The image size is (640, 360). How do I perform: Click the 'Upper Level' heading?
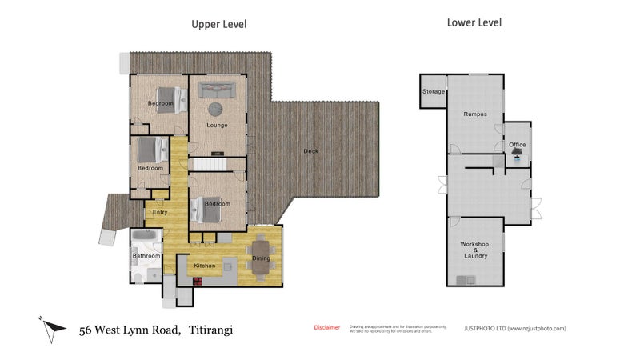coord(218,24)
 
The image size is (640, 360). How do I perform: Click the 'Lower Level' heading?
coord(474,23)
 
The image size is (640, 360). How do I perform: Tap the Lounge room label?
coord(217,125)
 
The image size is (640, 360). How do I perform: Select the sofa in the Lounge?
coord(217,90)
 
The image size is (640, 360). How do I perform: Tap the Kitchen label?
coord(205,265)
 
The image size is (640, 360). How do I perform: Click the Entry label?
coord(160,212)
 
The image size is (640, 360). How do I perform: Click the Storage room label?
coord(434,92)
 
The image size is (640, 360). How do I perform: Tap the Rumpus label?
coord(475,114)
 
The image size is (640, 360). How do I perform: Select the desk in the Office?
coord(517,153)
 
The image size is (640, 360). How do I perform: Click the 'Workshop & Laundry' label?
coord(474,249)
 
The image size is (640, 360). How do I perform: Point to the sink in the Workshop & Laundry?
coord(463,279)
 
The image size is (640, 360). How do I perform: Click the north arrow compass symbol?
coord(50,327)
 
